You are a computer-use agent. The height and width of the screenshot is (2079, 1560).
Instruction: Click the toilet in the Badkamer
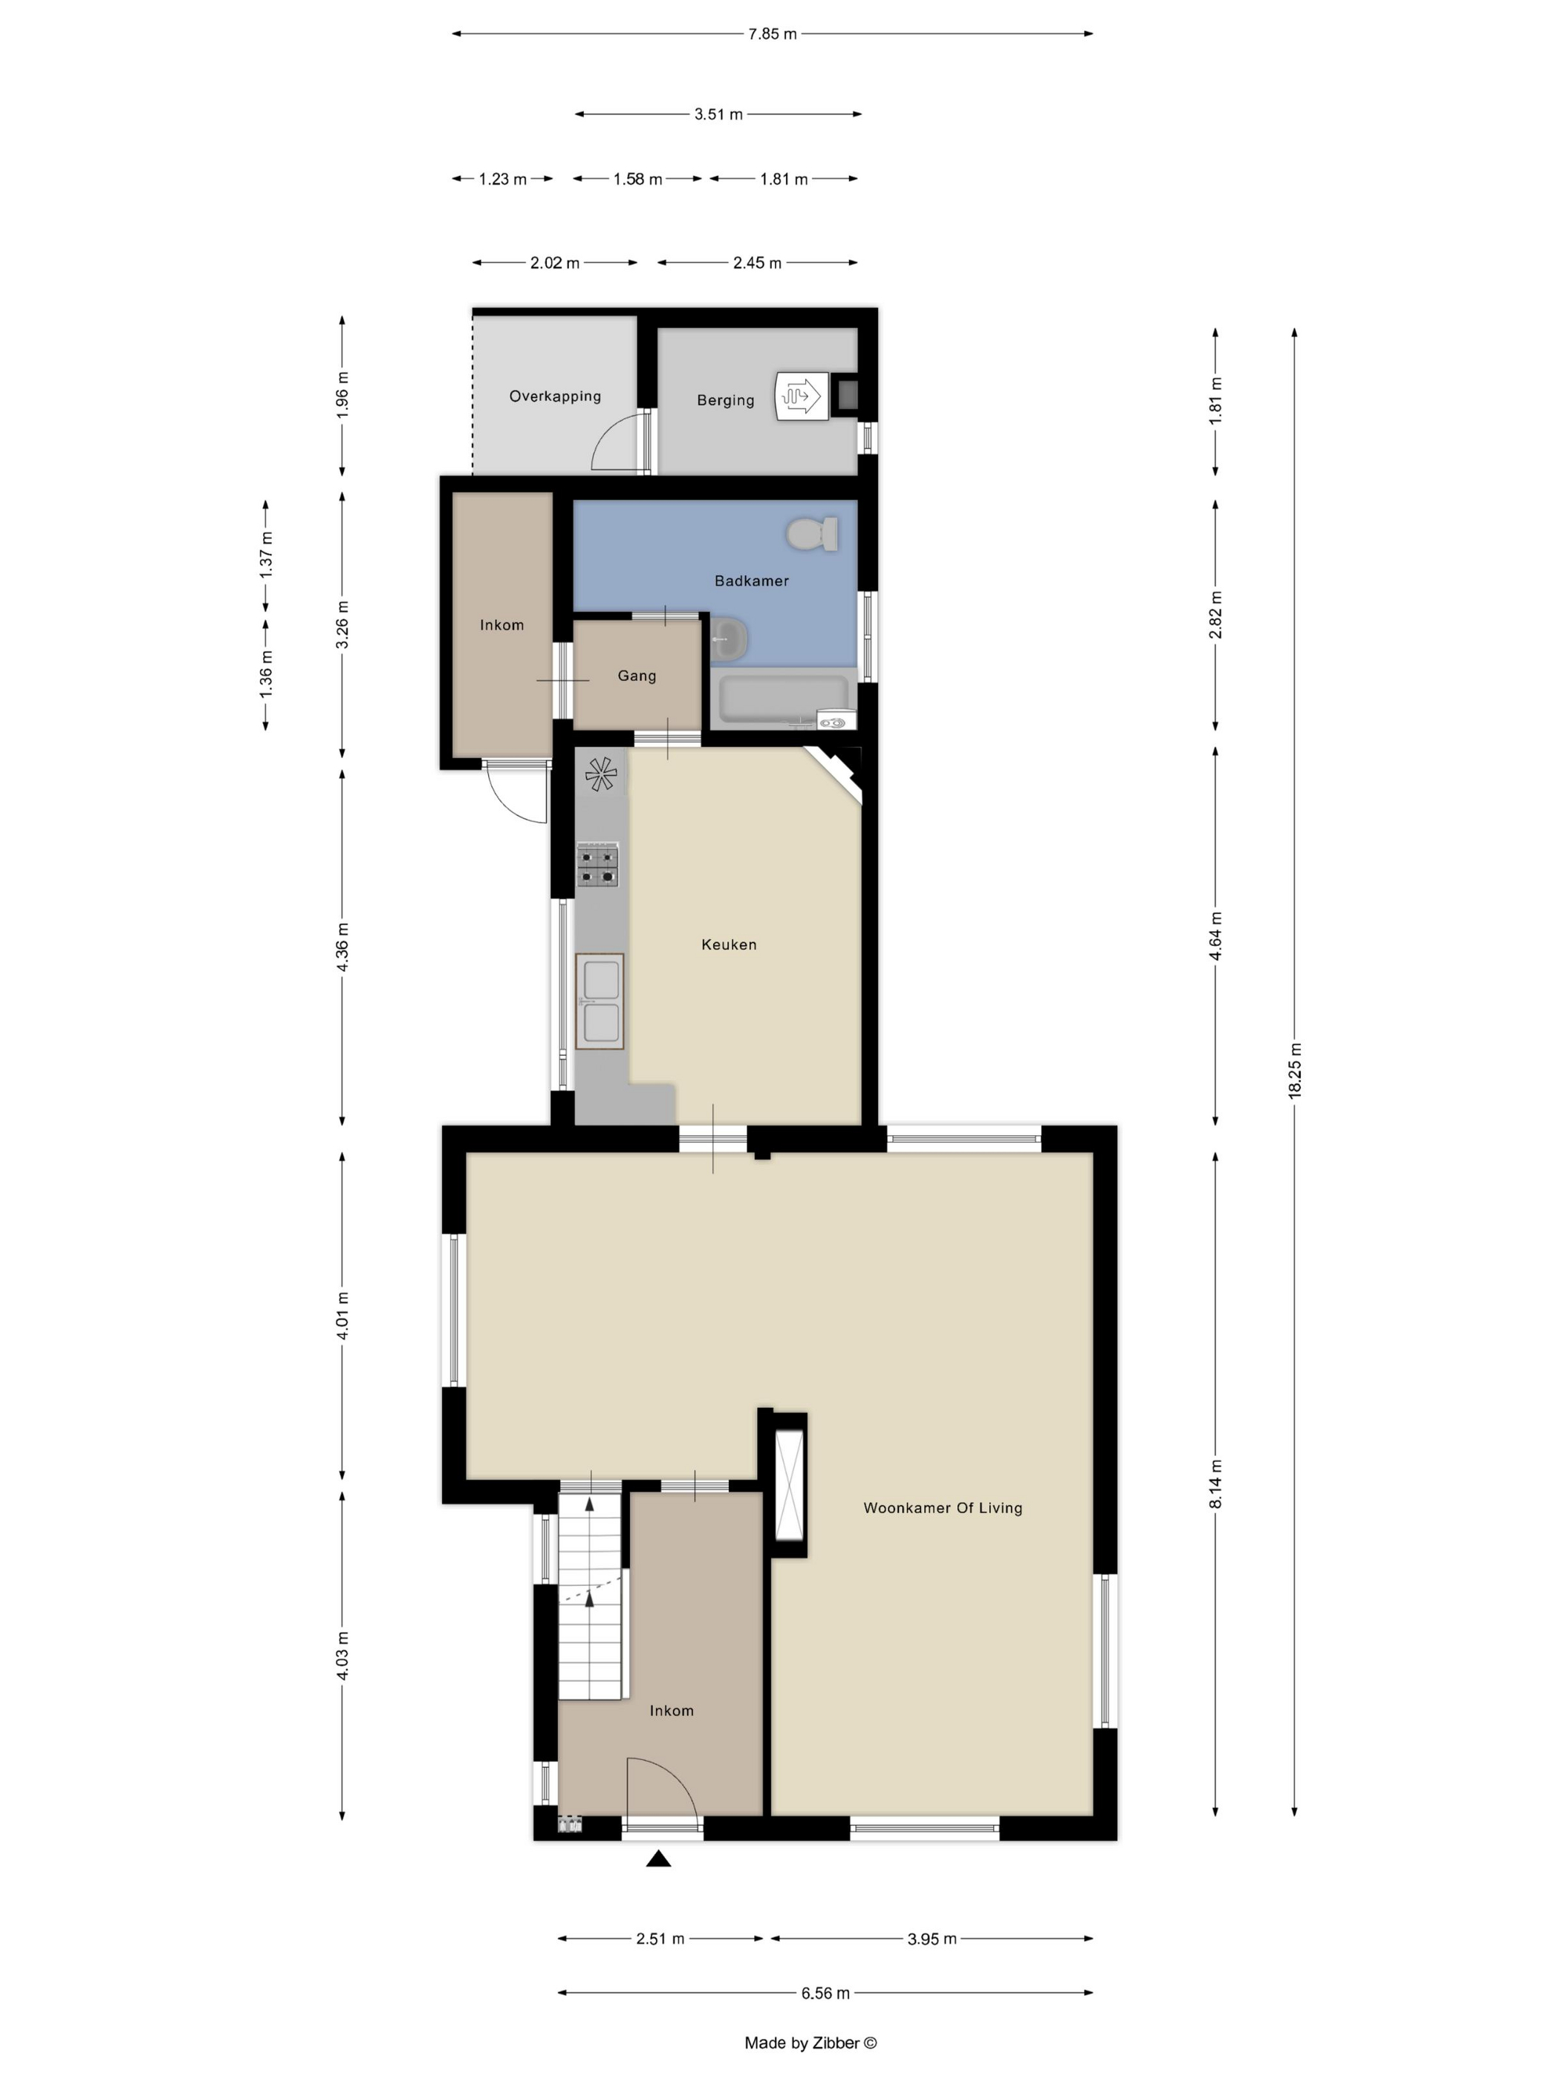click(813, 534)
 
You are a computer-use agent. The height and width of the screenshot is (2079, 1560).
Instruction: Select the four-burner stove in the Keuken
click(598, 865)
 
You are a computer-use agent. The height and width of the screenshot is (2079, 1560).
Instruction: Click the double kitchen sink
click(600, 1001)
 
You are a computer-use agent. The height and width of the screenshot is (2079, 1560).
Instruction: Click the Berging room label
click(725, 400)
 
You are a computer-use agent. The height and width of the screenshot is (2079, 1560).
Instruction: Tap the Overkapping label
click(555, 396)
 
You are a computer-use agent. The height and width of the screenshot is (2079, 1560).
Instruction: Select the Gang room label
click(637, 676)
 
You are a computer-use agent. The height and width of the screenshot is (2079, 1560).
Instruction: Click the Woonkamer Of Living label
click(942, 1507)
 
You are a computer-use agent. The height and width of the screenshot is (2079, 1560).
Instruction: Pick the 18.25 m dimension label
click(1295, 1071)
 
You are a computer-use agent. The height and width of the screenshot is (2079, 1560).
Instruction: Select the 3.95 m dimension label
click(932, 1939)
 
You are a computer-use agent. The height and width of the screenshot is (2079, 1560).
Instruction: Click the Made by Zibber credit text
click(810, 2043)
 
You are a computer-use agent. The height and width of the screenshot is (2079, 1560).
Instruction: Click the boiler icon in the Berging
click(801, 396)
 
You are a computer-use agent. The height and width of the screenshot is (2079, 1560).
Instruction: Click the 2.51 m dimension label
click(660, 1939)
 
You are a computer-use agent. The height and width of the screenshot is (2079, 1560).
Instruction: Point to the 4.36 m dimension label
click(342, 947)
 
